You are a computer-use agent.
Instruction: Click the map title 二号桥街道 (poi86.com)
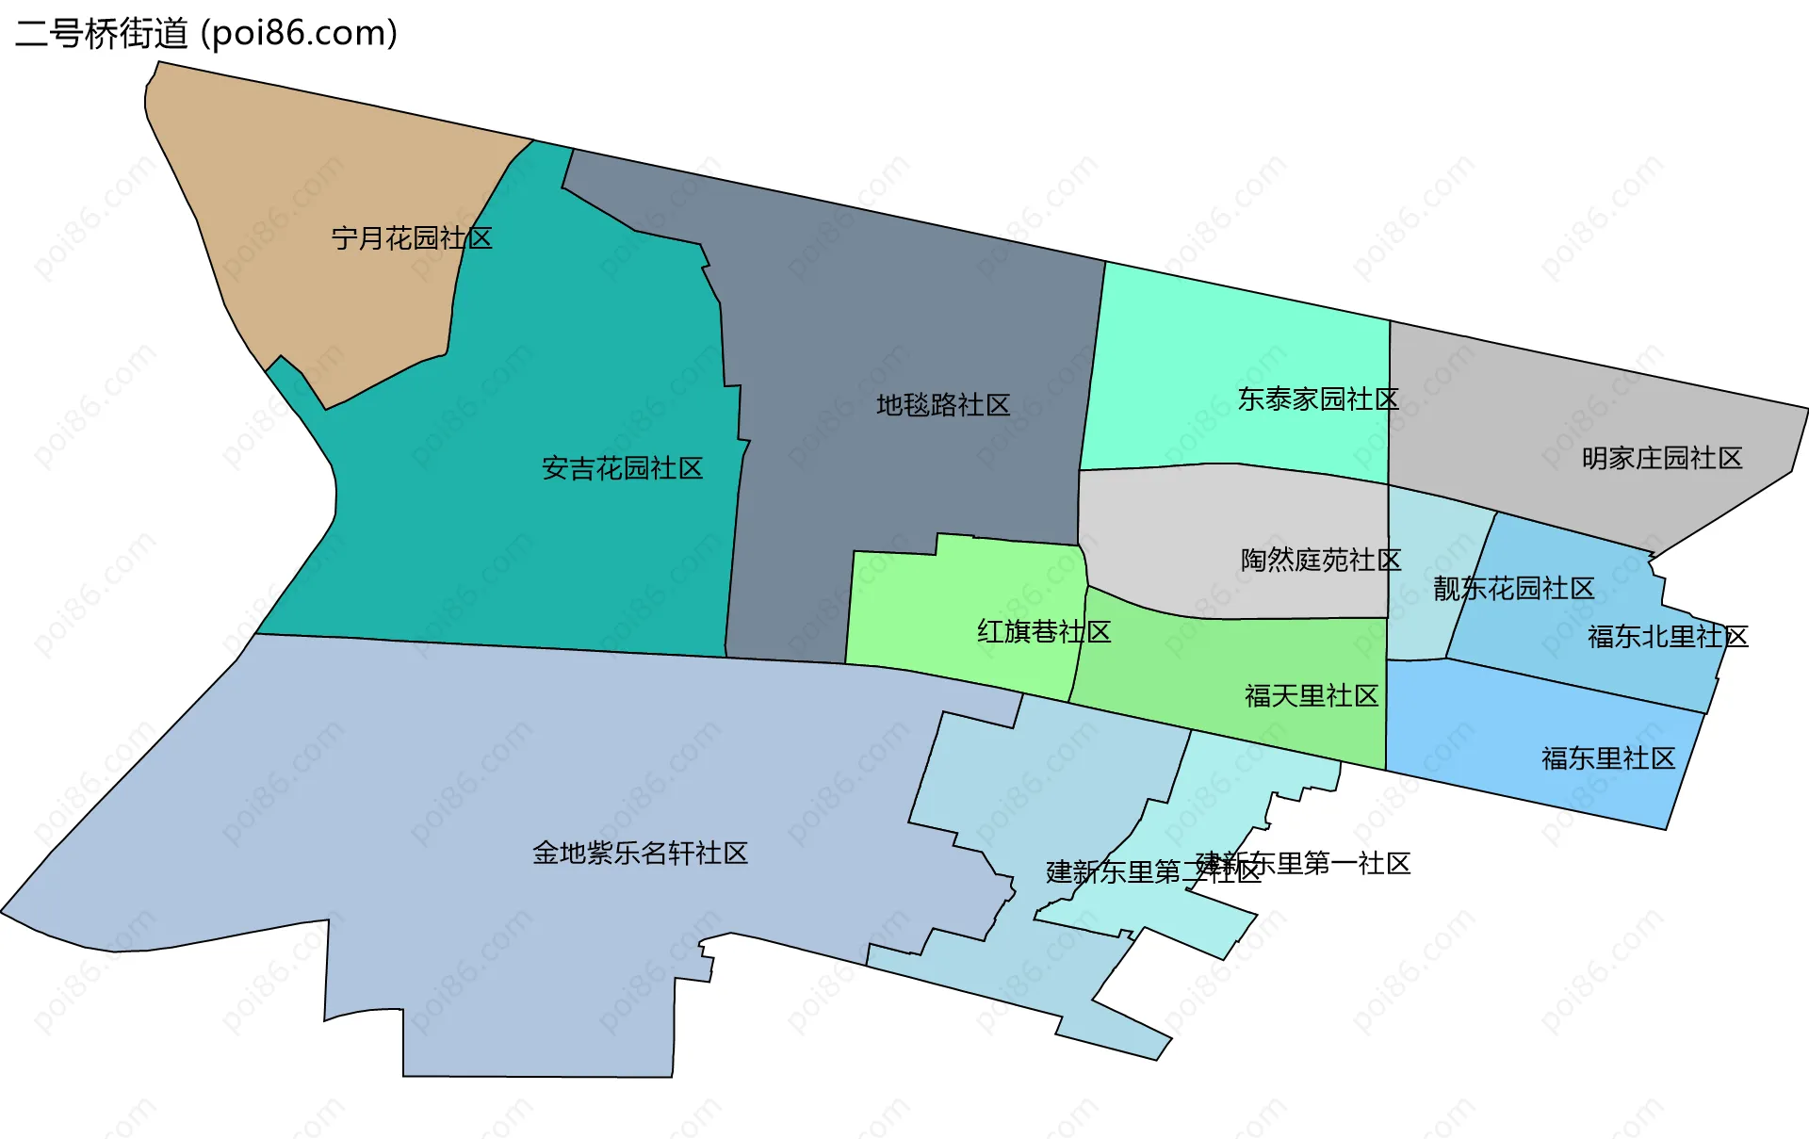[x=206, y=33]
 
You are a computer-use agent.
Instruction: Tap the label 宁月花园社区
[x=412, y=238]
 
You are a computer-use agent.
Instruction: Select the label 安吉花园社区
[x=622, y=468]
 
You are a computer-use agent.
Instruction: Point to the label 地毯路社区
[x=943, y=405]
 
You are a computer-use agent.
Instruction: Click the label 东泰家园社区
[x=1318, y=399]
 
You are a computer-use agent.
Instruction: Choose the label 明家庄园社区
[x=1662, y=459]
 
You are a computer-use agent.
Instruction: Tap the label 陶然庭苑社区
[x=1321, y=561]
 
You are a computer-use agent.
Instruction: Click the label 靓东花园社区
[x=1513, y=589]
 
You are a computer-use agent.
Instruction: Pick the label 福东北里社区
[x=1668, y=637]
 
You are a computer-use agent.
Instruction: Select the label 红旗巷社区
[x=1044, y=631]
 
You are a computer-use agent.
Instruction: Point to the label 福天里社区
[x=1312, y=696]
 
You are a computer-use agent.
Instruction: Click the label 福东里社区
[x=1608, y=758]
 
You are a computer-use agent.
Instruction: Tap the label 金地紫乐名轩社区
[x=640, y=854]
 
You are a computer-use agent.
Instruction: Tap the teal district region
[x=528, y=546]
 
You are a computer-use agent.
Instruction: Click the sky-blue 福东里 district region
[x=1526, y=735]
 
